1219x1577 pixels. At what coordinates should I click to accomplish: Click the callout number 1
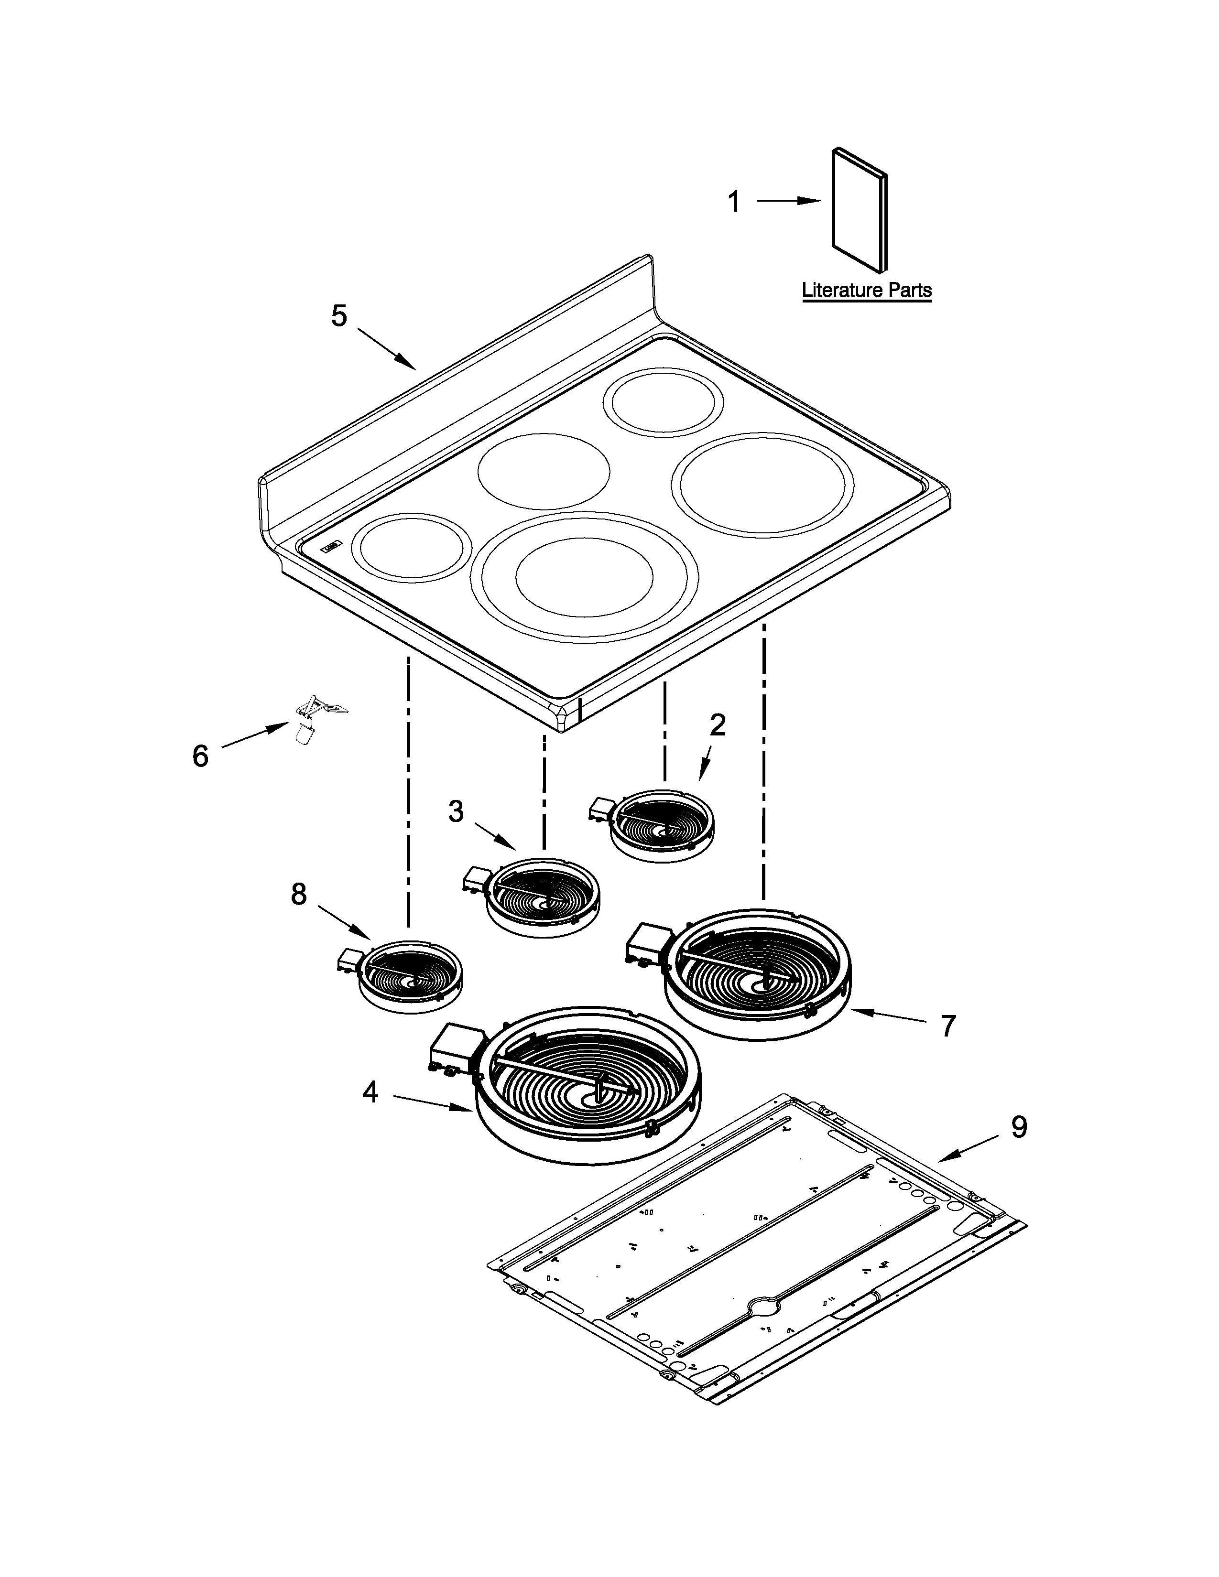pyautogui.click(x=734, y=202)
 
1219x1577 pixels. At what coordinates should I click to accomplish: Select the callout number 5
pyautogui.click(x=339, y=315)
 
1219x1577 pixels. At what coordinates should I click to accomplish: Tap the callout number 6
pyautogui.click(x=200, y=756)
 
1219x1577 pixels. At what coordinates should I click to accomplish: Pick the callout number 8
pyautogui.click(x=298, y=895)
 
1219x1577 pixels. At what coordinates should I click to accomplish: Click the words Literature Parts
pyautogui.click(x=867, y=290)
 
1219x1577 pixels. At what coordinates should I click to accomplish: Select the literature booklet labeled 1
pyautogui.click(x=860, y=211)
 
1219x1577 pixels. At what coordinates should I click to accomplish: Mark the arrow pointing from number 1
pyautogui.click(x=789, y=202)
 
